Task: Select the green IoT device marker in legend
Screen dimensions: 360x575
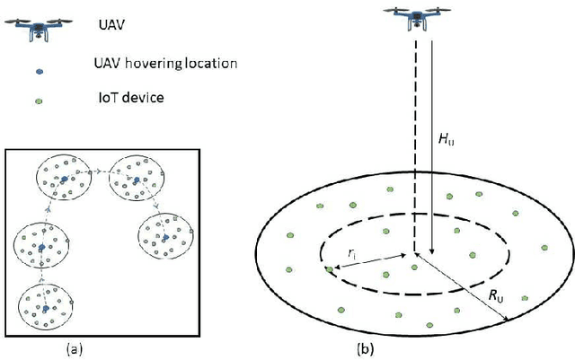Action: tap(35, 97)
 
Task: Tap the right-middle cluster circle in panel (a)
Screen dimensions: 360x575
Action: tap(164, 237)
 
